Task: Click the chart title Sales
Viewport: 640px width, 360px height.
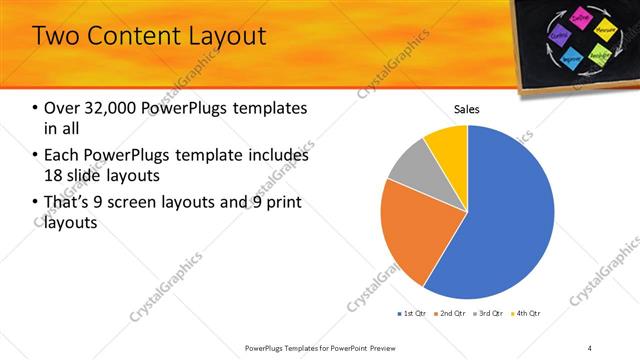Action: coord(467,109)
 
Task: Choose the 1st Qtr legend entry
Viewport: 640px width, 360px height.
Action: coord(412,314)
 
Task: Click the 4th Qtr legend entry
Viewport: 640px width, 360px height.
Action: coord(527,314)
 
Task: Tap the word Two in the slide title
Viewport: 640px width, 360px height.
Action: coord(56,36)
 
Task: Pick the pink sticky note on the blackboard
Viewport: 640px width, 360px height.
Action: coord(581,17)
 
